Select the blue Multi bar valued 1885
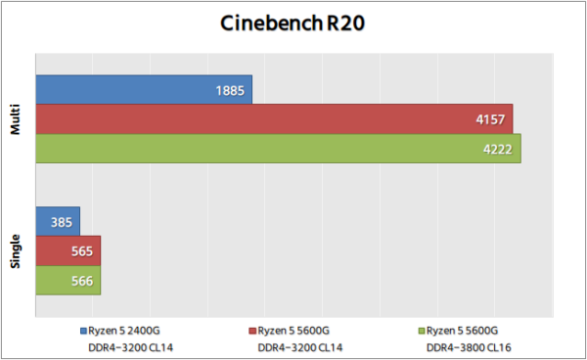click(x=144, y=90)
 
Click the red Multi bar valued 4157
click(x=274, y=119)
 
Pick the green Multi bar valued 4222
click(x=278, y=149)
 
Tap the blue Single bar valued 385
click(x=57, y=221)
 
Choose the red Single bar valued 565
click(x=68, y=250)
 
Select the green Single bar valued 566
click(x=68, y=280)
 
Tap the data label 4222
click(x=499, y=150)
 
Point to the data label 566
click(x=83, y=281)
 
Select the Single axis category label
click(x=17, y=250)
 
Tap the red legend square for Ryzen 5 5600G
click(x=251, y=330)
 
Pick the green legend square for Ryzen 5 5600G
click(x=422, y=330)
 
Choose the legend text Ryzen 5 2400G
click(x=126, y=330)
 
